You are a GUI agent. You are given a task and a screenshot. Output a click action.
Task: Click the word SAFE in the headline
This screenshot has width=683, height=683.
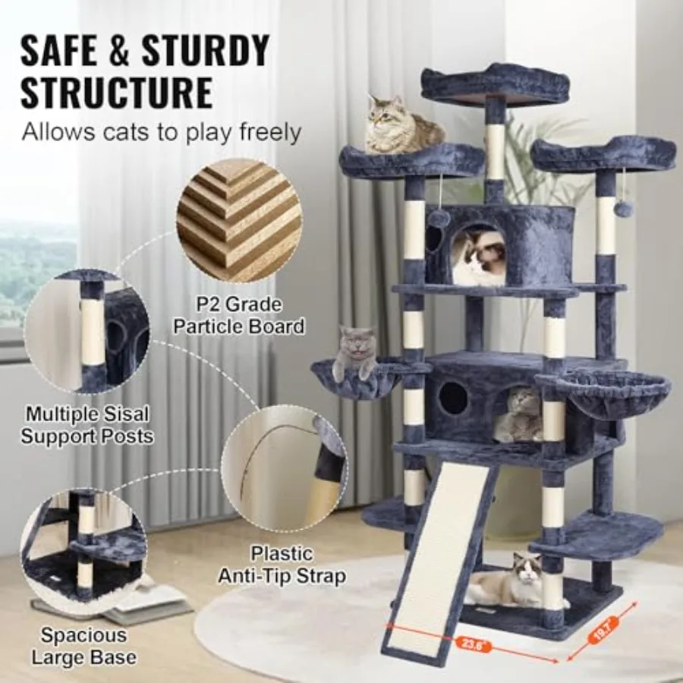58,51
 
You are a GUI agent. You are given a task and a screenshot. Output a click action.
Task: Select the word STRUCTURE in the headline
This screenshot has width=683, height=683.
117,93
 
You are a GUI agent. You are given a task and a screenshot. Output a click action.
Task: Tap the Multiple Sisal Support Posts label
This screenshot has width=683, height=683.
87,425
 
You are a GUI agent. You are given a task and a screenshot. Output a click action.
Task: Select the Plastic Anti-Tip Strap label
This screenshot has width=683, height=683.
282,565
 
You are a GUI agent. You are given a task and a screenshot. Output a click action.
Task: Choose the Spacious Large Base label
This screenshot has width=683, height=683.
84,647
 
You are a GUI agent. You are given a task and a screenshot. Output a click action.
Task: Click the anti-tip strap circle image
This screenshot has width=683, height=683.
285,470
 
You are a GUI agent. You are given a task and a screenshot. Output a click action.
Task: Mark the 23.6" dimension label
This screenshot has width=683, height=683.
472,643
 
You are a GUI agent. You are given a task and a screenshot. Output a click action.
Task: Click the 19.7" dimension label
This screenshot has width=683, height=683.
606,630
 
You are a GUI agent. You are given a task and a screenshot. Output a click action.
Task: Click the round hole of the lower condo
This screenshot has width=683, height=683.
453,399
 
